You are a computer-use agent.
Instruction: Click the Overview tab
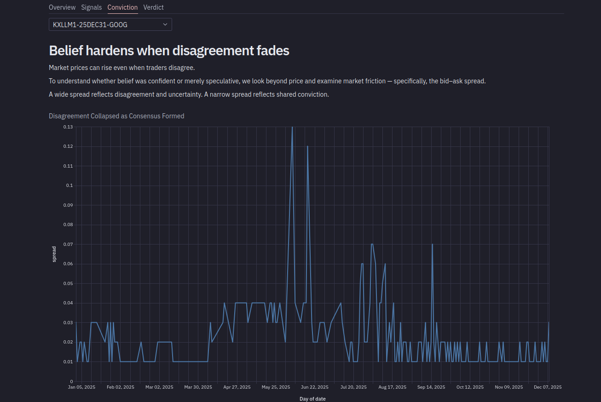coord(62,7)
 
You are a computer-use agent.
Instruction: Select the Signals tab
coord(91,7)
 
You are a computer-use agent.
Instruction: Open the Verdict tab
coord(153,7)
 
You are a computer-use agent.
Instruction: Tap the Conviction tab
coord(122,7)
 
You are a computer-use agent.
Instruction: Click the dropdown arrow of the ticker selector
coord(165,24)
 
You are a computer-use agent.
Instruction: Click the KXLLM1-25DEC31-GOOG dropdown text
coord(90,25)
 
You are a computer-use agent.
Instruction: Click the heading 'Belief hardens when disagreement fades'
coord(169,51)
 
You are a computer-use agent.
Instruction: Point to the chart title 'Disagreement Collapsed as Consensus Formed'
coord(116,116)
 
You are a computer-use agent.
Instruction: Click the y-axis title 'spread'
coord(54,254)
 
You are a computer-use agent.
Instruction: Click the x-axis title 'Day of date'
coord(312,399)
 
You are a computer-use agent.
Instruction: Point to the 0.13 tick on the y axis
coord(68,127)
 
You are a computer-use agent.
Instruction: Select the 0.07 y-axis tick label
coord(68,244)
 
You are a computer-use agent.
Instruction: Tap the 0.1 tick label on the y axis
coord(69,186)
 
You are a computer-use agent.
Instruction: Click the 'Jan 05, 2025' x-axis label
coord(81,387)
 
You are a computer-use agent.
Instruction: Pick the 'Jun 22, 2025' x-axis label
coord(315,387)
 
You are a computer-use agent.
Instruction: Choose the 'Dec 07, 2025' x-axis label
coord(548,387)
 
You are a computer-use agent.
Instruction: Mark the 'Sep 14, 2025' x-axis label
coord(431,387)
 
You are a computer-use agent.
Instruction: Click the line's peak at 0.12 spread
coord(307,146)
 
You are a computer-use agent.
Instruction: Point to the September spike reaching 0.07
coord(432,245)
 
